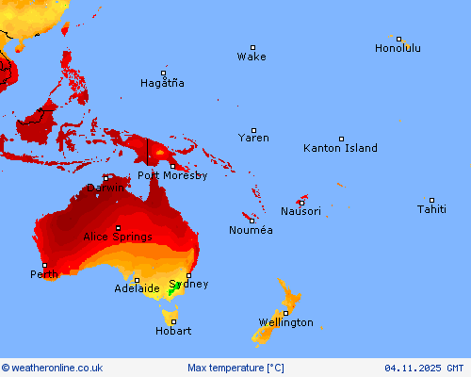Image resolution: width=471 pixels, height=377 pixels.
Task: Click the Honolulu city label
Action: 398,48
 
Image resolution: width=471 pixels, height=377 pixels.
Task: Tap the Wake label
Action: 252,57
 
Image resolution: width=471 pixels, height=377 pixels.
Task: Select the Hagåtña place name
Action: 162,83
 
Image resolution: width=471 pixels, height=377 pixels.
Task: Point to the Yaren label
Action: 253,138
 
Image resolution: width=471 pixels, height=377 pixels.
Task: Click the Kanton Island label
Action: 340,148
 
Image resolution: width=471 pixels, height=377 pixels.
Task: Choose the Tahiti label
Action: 432,209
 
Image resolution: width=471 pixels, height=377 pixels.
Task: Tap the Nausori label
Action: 300,211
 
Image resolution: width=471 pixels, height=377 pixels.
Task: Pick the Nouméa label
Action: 251,230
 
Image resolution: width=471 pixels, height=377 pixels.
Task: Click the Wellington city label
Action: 285,322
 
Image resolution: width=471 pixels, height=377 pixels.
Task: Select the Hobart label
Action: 173,331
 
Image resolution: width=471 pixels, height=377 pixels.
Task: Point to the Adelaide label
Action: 137,288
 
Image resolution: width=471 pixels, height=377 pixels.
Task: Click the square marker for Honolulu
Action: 399,39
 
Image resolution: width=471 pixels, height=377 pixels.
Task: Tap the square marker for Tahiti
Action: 432,200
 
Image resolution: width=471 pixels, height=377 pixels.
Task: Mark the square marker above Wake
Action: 252,47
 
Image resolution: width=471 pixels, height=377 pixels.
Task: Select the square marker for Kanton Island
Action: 341,139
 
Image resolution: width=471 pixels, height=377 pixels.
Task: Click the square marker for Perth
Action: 43,266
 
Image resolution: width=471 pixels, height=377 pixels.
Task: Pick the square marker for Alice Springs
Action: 118,228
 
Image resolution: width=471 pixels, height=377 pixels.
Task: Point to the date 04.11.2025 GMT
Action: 424,368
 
